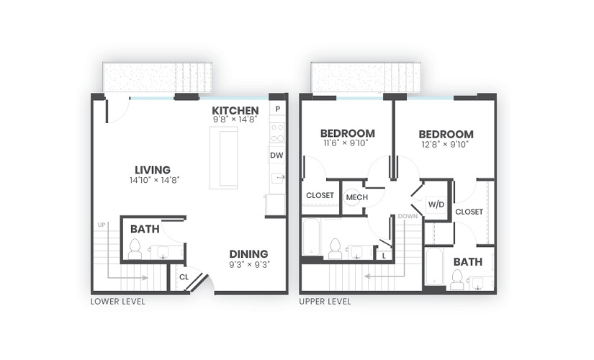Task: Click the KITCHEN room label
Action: pos(235,111)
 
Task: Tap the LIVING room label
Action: pos(153,170)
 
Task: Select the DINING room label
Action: pos(248,254)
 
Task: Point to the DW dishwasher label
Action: pos(276,156)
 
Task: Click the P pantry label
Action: pos(278,109)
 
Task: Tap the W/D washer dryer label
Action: pos(436,204)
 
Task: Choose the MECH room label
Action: pos(357,197)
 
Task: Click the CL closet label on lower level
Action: pos(184,277)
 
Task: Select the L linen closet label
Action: pos(384,256)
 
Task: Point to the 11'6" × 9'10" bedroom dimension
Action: pos(346,143)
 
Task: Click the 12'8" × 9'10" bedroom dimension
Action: pos(445,145)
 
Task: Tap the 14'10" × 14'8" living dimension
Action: pos(154,180)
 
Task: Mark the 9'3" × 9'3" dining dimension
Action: pos(249,264)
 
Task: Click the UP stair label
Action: pos(102,225)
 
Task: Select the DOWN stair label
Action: pos(408,217)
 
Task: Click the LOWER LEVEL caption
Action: pos(118,302)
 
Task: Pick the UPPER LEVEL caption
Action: pos(325,302)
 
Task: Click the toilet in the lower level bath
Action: pos(135,249)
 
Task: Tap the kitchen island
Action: pos(224,158)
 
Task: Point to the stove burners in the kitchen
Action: pos(278,133)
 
